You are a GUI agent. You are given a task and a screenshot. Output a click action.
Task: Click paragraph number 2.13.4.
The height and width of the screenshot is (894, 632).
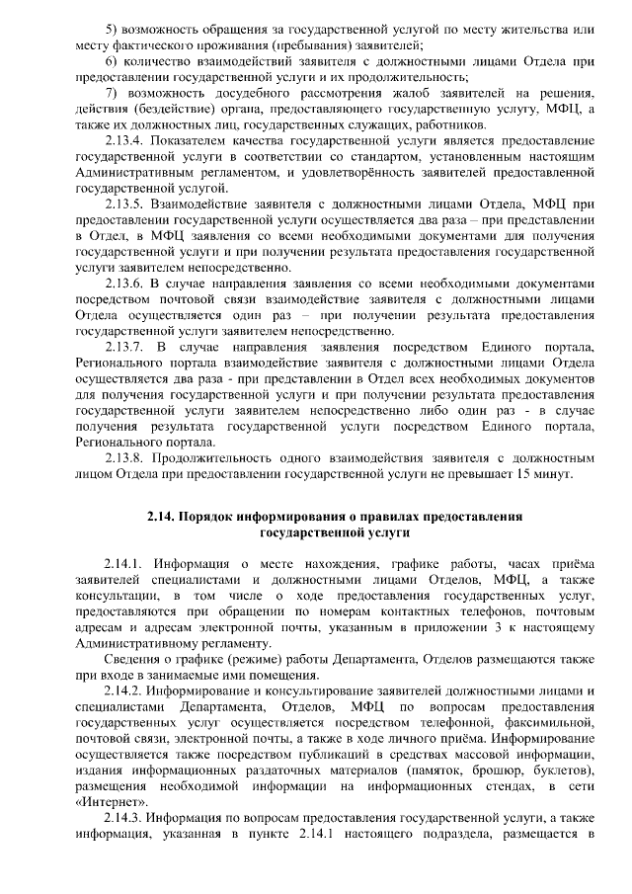pos(125,140)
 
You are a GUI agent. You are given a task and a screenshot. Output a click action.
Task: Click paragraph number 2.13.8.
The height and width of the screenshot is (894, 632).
pos(125,457)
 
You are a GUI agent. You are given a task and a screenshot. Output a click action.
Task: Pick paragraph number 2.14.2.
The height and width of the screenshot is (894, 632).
pos(125,691)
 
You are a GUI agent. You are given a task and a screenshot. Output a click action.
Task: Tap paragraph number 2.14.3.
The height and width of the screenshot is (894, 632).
pos(125,817)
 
